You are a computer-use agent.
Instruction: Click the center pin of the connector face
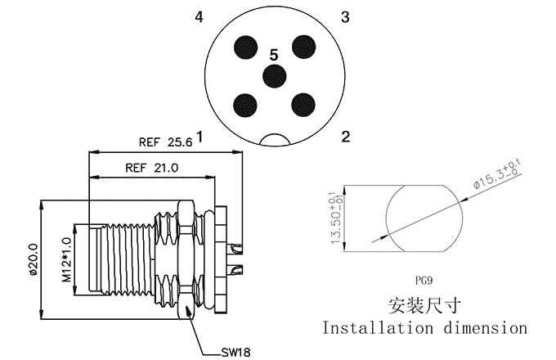(274, 75)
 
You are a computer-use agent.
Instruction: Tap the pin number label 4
(200, 16)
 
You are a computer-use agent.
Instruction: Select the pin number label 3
(345, 16)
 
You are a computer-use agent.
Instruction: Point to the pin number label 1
(200, 137)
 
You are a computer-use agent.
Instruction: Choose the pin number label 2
(345, 137)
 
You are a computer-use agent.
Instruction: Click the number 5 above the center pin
(274, 55)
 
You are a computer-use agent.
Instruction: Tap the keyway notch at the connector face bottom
(275, 139)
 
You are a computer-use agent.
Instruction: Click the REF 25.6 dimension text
(165, 142)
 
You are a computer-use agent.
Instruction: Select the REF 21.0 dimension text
(152, 168)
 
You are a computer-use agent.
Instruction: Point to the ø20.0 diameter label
(34, 259)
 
